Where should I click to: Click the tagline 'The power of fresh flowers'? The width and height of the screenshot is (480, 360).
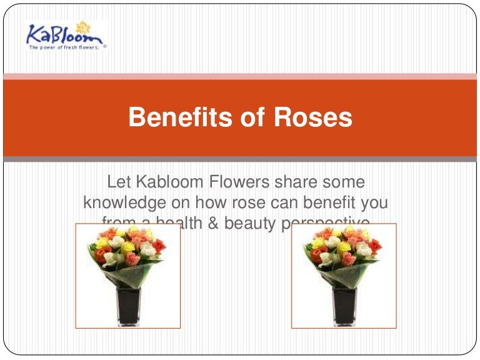pos(63,47)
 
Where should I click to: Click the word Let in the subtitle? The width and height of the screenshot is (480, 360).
pos(119,182)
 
